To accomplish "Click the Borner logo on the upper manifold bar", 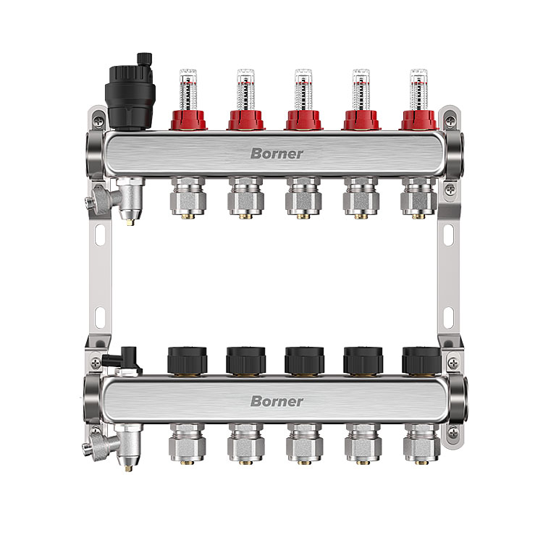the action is (277, 153).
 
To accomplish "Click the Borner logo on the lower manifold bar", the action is (277, 401).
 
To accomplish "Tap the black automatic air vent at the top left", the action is (131, 92).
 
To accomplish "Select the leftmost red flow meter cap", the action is (188, 120).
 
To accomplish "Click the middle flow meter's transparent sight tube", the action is (303, 90).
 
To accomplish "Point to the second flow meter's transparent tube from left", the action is (246, 90).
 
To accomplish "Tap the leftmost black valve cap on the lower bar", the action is (187, 360).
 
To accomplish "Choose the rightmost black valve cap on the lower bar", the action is (421, 360).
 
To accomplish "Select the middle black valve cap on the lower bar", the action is (304, 360).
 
